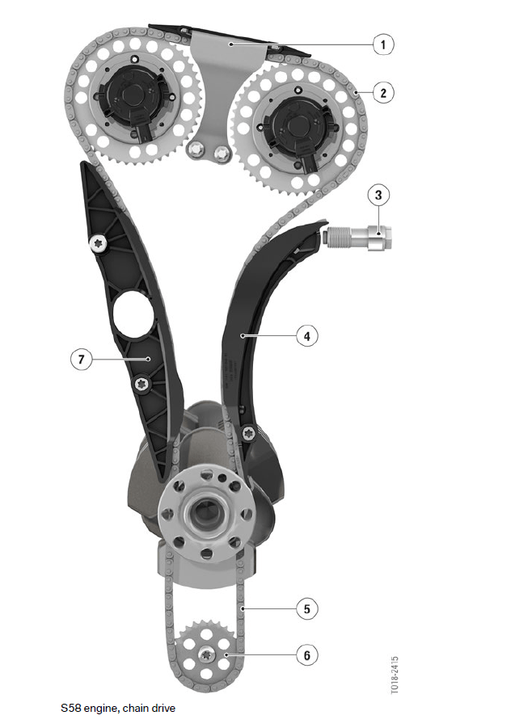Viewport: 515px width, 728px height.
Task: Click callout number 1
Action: [x=383, y=44]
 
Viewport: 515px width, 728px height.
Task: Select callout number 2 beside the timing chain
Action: [x=383, y=92]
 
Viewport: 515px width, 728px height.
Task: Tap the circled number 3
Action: [x=378, y=195]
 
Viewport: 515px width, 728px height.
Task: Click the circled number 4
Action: [x=307, y=335]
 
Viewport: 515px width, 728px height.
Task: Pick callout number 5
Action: [x=307, y=608]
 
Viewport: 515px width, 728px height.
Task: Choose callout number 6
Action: [x=307, y=655]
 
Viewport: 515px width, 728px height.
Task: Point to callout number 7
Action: [x=82, y=360]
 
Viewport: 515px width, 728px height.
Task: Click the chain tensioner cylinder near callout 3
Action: [x=358, y=237]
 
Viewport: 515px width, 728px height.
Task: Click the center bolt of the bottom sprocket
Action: [x=205, y=654]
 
